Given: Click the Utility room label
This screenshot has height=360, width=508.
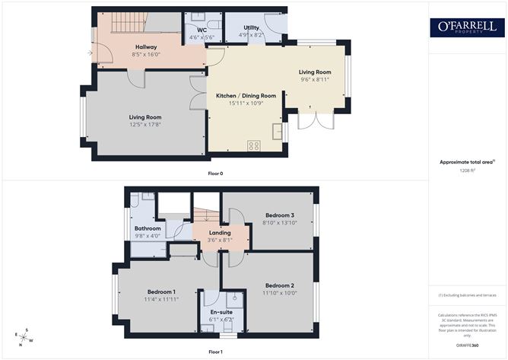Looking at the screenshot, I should coord(251,27).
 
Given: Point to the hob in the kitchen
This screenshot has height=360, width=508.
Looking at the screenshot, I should coord(254,146).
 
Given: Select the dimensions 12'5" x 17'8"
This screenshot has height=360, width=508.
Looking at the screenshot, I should coord(144,124).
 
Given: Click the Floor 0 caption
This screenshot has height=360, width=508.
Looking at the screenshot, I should coord(216,173).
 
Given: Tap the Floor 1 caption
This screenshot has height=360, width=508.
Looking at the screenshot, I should coord(216,352).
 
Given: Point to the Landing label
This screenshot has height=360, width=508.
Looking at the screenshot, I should coord(220,232).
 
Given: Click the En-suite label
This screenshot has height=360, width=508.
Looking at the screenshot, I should coord(221,312).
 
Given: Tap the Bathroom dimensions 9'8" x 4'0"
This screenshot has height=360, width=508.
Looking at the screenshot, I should coord(148,235).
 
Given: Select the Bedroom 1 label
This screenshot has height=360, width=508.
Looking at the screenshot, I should coord(161,292).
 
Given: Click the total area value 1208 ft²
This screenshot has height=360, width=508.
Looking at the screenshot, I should coord(467,170).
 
